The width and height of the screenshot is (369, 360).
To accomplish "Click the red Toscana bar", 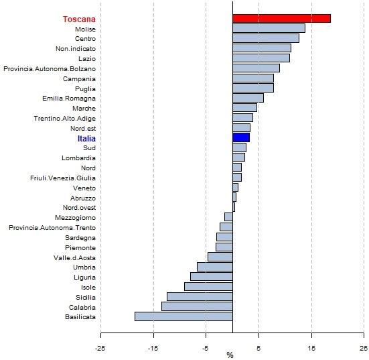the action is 281,18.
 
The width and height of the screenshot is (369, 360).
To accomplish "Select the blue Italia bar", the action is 241,137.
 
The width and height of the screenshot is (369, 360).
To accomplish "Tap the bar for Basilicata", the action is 183,316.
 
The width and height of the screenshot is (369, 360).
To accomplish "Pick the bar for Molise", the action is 269,28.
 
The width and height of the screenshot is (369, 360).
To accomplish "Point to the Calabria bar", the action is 197,306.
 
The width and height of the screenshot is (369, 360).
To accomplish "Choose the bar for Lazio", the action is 261,58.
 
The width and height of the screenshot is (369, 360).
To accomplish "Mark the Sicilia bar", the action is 200,296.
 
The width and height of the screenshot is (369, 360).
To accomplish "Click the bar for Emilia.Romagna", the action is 248,98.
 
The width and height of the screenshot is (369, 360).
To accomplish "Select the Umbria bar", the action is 215,267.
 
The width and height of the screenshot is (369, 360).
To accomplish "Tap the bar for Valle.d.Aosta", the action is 220,257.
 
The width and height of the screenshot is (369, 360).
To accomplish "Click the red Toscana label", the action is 79,19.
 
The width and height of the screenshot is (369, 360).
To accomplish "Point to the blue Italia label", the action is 86,139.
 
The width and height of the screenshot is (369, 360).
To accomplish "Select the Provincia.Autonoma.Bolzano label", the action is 50,69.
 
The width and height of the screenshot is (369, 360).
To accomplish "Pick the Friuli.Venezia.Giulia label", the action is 63,178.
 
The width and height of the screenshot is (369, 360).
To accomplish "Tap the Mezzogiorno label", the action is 75,217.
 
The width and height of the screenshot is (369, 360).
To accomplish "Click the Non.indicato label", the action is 76,49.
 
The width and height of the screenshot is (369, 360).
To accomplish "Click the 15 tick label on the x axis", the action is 311,348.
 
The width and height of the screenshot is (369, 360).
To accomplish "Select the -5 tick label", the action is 205,348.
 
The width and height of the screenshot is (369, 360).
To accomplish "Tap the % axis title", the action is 230,355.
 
